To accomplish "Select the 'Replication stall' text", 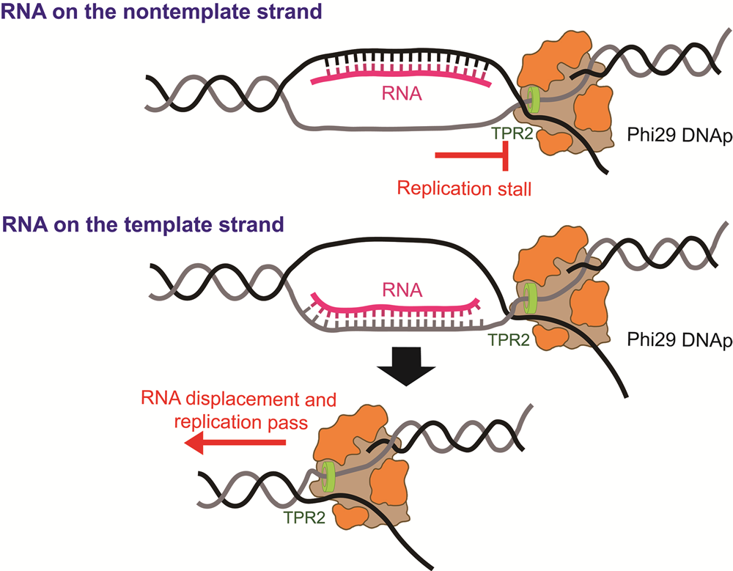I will [x=464, y=188].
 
